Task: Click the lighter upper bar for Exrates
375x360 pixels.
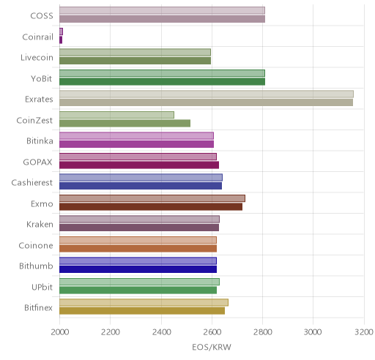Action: [207, 94]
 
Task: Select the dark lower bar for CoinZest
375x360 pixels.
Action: [125, 124]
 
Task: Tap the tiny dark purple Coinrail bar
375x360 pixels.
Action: [61, 40]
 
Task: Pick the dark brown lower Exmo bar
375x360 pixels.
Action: [151, 207]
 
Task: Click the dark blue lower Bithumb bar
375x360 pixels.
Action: [138, 269]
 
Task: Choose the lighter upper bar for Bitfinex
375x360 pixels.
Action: [144, 302]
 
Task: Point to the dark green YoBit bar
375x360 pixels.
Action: [162, 82]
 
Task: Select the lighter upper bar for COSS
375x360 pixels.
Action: [162, 11]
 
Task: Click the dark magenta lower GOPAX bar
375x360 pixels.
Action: [139, 165]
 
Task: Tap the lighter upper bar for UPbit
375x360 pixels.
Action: [139, 282]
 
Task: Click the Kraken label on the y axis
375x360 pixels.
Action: [40, 225]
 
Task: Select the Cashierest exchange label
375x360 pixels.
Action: [32, 183]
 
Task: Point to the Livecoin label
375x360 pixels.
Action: [37, 58]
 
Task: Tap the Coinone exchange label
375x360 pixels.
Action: [36, 245]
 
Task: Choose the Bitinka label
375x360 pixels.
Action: [40, 141]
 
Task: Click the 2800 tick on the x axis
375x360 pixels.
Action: [263, 332]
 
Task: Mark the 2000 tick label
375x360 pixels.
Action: [60, 332]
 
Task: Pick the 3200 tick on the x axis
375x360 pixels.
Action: [364, 332]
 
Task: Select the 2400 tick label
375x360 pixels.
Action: [161, 332]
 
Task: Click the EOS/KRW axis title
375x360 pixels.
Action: [212, 347]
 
